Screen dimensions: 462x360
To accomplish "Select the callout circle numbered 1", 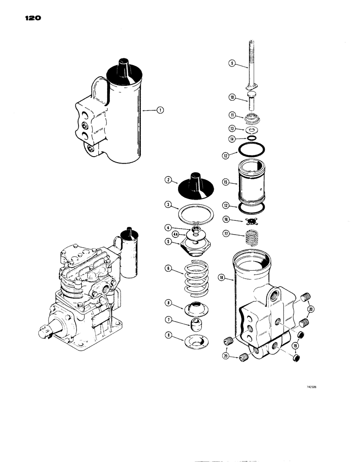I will (x=160, y=110).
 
